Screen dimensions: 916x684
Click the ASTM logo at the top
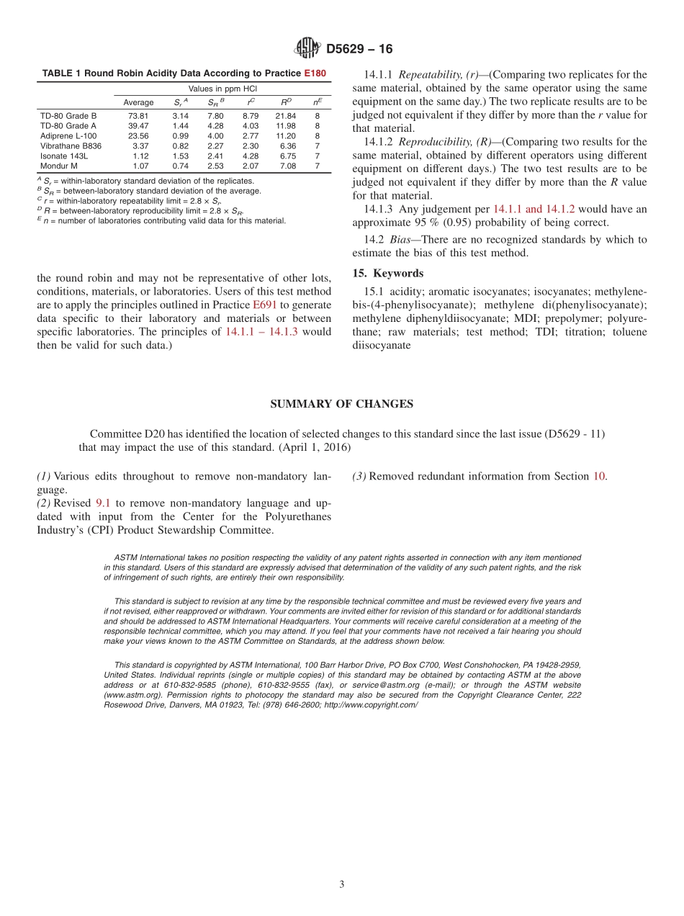tap(307, 49)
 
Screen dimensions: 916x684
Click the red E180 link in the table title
tap(315, 73)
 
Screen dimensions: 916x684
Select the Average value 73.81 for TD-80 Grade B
tap(138, 115)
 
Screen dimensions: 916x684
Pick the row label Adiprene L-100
tap(68, 135)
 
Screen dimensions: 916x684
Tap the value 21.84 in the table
tap(286, 115)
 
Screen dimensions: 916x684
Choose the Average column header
tap(138, 102)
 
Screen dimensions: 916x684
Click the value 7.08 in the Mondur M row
tap(288, 166)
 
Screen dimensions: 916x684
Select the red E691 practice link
tap(264, 305)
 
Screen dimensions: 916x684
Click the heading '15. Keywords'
tap(387, 274)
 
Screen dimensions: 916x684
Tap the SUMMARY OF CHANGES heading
tap(341, 404)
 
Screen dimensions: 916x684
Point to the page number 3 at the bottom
tap(342, 884)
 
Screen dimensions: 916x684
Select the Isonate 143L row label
tap(64, 156)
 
